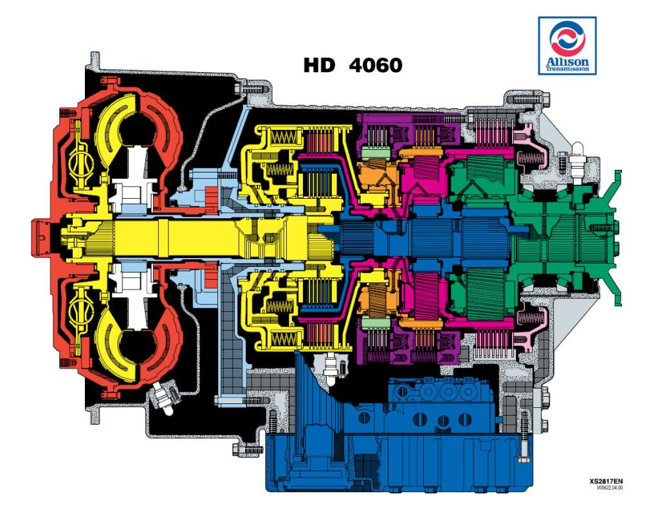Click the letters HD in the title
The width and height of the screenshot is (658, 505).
pyautogui.click(x=320, y=66)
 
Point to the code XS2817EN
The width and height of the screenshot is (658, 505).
pyautogui.click(x=606, y=481)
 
